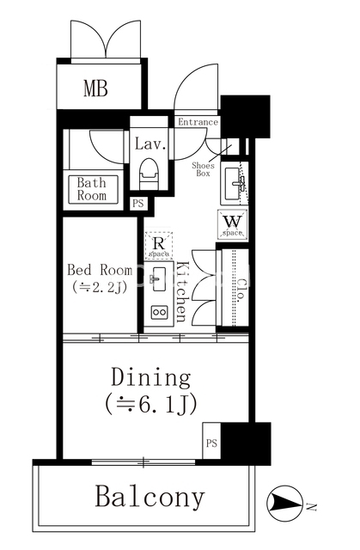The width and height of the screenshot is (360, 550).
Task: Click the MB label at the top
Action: coord(95,89)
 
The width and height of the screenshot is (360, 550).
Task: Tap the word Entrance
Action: coord(198,122)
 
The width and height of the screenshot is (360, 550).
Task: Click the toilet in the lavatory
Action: coord(149,174)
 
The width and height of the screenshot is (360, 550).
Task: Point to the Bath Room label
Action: coord(91,189)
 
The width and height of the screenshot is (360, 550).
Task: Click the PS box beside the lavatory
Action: coord(138,204)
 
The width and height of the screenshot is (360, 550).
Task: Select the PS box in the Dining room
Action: coord(211,443)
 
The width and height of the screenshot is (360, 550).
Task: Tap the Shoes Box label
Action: coord(203,169)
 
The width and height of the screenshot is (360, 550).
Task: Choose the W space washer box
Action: coord(233,223)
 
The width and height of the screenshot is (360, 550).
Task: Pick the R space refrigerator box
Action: coord(159,245)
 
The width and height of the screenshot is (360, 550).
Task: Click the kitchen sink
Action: coord(159,279)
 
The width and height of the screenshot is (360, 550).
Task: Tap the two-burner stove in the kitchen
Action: coord(159,311)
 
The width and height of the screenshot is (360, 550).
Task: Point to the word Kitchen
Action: coord(183,291)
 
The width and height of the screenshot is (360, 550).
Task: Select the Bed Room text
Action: coord(100,270)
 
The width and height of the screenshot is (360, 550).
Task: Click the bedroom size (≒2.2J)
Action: coord(99,288)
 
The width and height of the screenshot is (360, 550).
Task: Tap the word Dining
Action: coord(151,378)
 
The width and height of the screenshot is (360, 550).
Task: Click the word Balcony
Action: coord(149,497)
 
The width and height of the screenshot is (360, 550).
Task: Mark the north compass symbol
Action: coord(284,504)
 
